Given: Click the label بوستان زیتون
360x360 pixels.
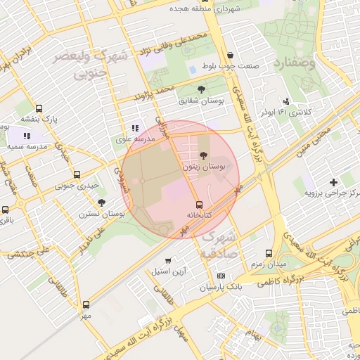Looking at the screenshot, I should point(203,167).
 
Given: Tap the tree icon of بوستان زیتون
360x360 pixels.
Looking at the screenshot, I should point(204,155).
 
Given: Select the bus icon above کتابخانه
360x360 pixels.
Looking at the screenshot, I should point(199,204).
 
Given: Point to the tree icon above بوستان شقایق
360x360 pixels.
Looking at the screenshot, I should point(202,89).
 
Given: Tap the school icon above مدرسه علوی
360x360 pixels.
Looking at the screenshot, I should point(134,129).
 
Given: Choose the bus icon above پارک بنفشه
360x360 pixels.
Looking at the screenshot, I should point(38,109).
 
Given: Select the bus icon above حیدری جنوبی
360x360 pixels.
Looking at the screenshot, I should point(77,174).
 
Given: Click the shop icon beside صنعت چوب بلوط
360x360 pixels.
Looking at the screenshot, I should point(231,56).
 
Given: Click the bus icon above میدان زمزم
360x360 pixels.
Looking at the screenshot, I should point(268,252).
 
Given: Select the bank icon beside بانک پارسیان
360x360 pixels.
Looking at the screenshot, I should point(221,276).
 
